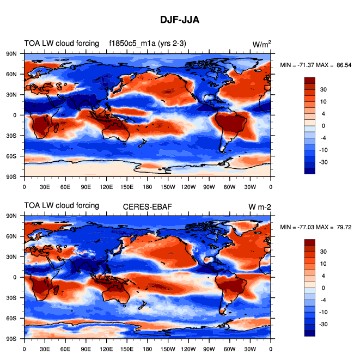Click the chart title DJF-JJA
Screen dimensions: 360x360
tap(180, 20)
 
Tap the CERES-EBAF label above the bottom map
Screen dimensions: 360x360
tap(147, 205)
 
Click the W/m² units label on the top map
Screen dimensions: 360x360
tap(261, 44)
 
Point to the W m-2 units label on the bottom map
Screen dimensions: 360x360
tap(259, 206)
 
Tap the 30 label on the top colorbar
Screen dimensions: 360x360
tap(324, 89)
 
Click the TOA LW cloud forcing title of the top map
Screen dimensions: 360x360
tap(62, 44)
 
